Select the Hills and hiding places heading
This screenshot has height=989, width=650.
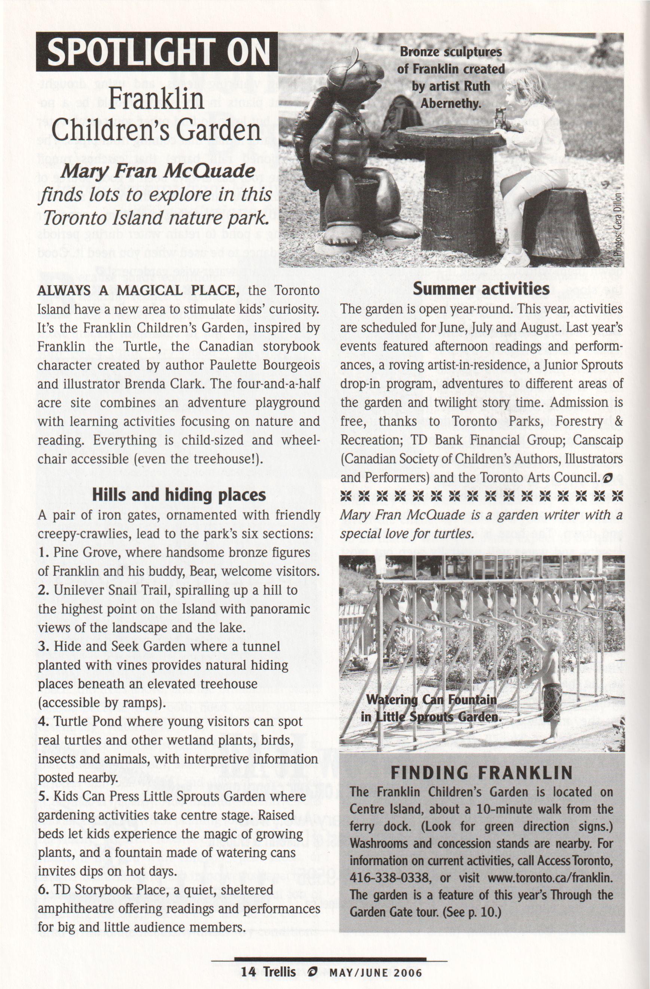[x=178, y=494]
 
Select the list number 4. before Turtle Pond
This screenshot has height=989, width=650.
[x=43, y=721]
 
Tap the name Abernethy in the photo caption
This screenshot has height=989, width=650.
[x=451, y=103]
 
